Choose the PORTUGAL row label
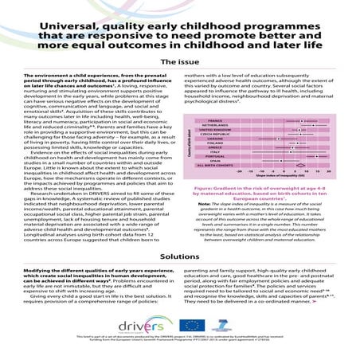pos(212,156)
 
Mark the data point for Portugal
pos(316,156)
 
